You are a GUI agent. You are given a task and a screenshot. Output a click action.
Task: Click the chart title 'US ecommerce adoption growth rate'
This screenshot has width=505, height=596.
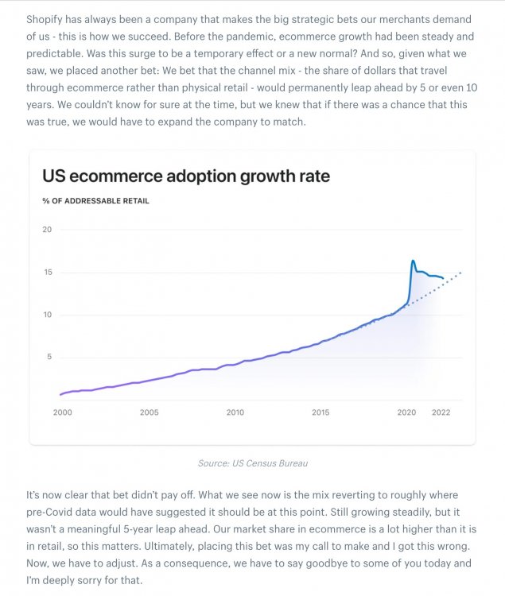click(185, 176)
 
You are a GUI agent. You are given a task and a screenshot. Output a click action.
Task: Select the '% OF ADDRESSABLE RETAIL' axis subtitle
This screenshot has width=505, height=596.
click(95, 201)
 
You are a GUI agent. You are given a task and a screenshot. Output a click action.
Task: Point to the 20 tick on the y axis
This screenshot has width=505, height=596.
click(47, 230)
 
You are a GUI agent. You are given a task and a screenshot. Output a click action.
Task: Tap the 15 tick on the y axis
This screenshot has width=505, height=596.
click(47, 273)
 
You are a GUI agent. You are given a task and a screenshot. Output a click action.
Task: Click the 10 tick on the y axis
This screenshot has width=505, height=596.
click(47, 315)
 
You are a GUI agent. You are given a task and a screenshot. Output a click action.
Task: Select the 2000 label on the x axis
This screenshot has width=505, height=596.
click(62, 412)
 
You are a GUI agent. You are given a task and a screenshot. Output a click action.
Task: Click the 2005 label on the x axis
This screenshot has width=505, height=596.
click(149, 412)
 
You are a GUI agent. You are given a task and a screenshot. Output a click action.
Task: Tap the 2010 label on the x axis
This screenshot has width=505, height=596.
click(235, 412)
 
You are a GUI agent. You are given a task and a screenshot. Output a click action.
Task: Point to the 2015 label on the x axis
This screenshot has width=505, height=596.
click(320, 412)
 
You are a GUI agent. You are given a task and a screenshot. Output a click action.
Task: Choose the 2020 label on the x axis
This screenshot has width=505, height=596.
click(406, 412)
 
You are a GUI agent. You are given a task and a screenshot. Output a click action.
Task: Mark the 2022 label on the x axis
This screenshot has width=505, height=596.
click(441, 412)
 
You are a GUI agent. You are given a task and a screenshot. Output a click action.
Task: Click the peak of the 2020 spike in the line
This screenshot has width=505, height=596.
click(413, 261)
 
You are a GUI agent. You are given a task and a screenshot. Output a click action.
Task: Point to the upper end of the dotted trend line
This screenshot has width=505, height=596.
click(460, 273)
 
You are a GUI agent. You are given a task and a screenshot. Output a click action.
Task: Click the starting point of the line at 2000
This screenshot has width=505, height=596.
click(61, 394)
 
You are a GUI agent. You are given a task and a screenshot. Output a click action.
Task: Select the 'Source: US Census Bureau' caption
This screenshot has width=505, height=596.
click(252, 462)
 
